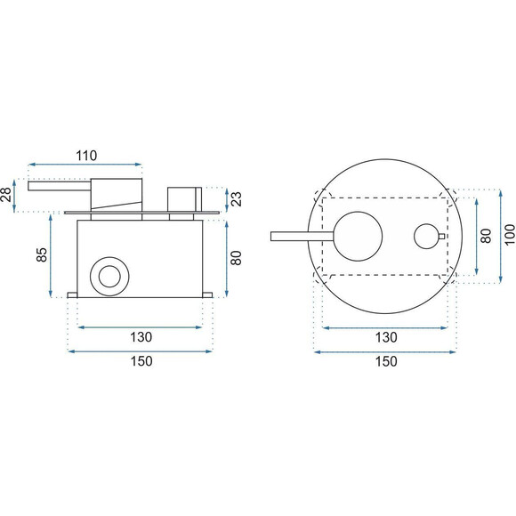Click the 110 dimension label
click(x=86, y=156)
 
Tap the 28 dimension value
click(x=7, y=195)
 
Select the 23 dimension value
click(x=237, y=198)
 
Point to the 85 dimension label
click(x=42, y=254)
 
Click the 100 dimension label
click(x=510, y=235)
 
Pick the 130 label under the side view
click(x=141, y=337)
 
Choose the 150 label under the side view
click(x=141, y=361)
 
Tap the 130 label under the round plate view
click(x=386, y=337)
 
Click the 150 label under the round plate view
click(x=386, y=362)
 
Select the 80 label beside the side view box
click(x=237, y=258)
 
